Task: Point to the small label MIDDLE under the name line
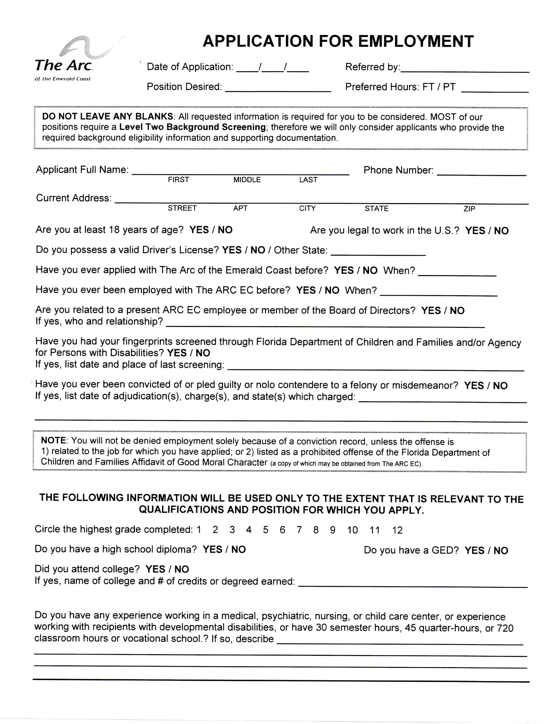247,180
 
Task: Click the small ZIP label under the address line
469,208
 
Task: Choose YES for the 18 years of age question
199,230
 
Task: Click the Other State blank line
378,252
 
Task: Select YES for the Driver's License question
231,250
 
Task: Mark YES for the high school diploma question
212,549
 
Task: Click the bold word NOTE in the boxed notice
53,441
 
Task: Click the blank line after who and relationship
325,324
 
